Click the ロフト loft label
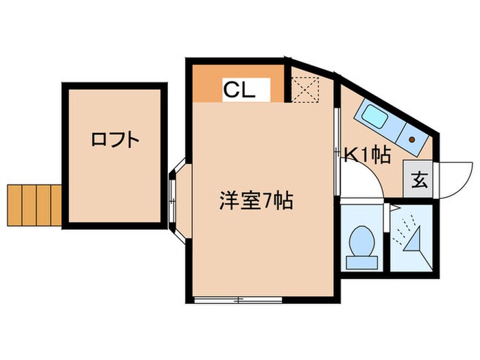115,140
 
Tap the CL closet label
239,88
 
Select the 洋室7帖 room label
256,201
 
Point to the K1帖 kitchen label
368,156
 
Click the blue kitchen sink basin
376,120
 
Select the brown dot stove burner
413,138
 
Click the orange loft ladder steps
33,204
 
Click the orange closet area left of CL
206,84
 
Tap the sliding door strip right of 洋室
337,147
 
